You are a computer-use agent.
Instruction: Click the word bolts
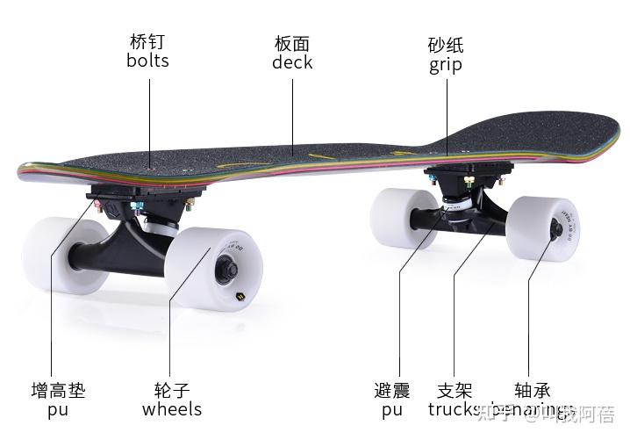pos(147,61)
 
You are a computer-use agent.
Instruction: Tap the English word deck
pos(292,62)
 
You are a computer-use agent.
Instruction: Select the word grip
pos(446,65)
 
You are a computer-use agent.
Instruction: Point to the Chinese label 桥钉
pos(147,42)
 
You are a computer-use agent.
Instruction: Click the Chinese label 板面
pos(292,43)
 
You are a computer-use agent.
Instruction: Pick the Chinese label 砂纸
pos(446,45)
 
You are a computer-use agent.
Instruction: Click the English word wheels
pos(172,409)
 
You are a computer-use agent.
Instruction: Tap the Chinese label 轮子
pos(172,390)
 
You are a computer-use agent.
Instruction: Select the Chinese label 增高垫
pos(58,390)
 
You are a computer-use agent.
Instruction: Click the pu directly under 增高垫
pos(58,410)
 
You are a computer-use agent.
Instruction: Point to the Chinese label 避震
pos(392,390)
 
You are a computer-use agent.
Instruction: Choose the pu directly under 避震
pos(392,410)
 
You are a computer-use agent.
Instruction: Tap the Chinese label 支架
pos(455,390)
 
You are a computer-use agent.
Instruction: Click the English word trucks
pos(455,409)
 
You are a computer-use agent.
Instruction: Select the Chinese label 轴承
pos(533,390)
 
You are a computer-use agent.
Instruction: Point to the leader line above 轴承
pos(529,307)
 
